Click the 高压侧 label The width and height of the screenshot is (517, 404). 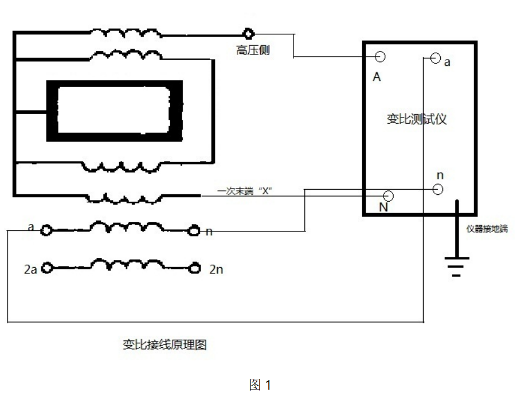(253, 50)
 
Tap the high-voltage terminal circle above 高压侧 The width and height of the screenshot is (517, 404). (248, 33)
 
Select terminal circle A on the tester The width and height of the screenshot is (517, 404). (379, 56)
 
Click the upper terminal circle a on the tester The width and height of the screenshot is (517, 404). (435, 57)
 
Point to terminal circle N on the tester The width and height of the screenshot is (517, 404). (388, 196)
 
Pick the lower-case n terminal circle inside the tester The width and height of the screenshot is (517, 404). (438, 190)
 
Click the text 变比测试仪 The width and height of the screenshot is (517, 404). (416, 119)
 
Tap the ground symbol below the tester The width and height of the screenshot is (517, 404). (456, 266)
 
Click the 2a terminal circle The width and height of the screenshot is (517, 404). (48, 268)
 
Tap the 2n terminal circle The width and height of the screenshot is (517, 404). (195, 268)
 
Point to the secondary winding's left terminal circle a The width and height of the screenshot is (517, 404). (45, 230)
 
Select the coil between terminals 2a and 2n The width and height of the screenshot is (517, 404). (120, 265)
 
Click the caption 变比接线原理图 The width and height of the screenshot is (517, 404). (164, 345)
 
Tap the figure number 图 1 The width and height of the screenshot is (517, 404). (260, 385)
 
